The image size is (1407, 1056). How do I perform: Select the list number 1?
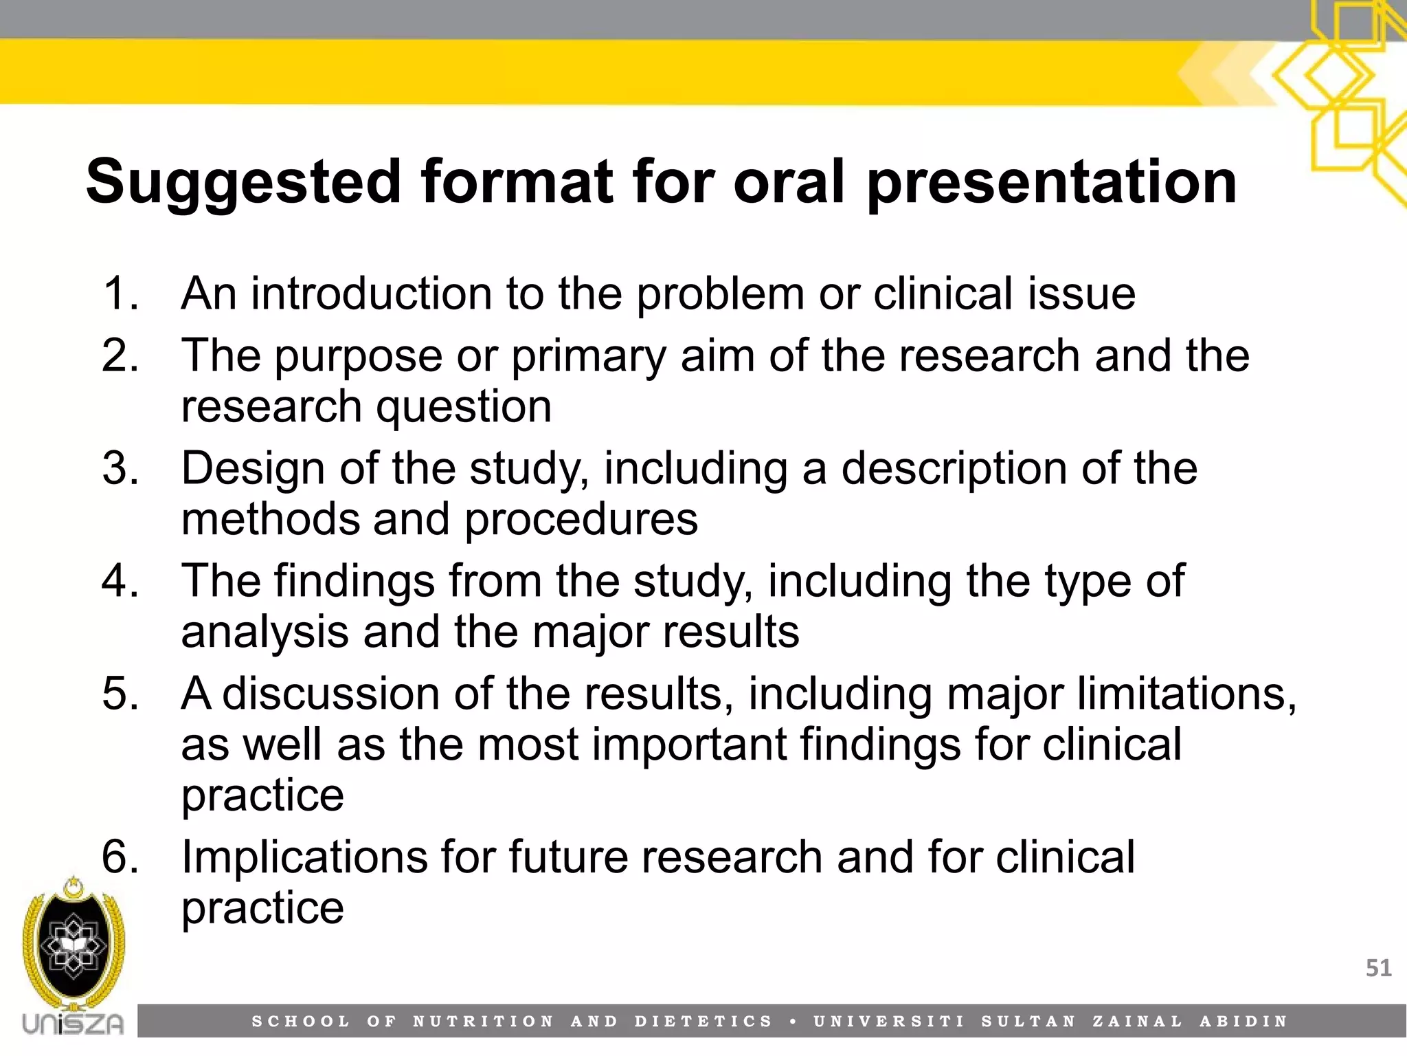120,294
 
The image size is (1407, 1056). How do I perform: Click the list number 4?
120,581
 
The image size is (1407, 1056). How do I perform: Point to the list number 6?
120,857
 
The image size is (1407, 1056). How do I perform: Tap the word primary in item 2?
589,357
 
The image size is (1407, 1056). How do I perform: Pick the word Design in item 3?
254,469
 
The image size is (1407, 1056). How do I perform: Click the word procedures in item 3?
581,520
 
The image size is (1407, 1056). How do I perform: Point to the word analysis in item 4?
264,632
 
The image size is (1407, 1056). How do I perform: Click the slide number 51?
1378,968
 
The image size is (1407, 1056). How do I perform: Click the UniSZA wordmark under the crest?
73,1024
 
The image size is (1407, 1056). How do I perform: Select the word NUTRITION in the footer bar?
483,1022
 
